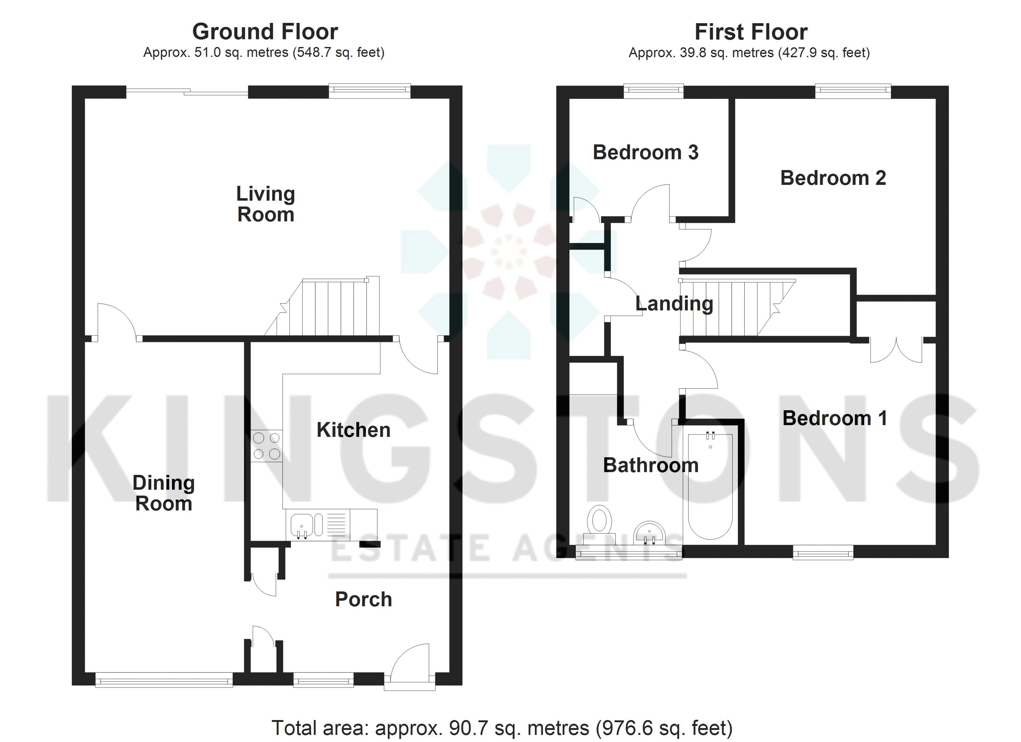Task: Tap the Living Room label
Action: (x=265, y=204)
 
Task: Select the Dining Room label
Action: (x=163, y=493)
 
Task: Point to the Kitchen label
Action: (x=353, y=430)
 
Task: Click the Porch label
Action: (x=363, y=599)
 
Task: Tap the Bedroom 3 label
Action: (x=646, y=152)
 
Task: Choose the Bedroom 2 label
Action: (x=833, y=178)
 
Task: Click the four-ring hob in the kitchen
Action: (x=266, y=446)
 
